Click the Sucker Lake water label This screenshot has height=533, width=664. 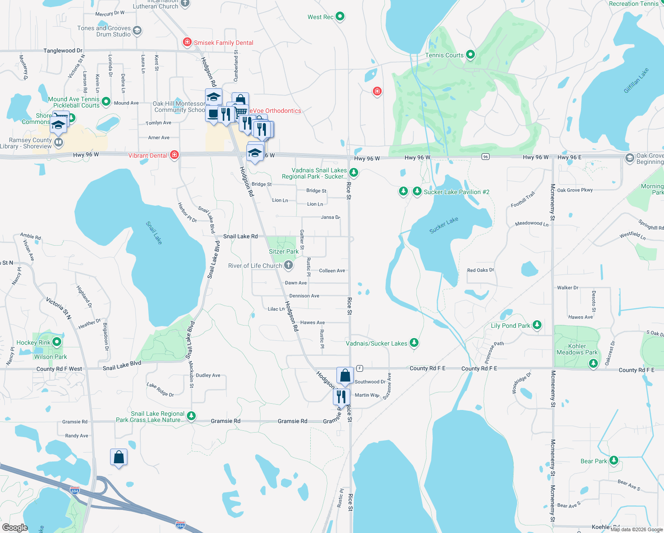443,225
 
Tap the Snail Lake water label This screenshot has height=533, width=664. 154,233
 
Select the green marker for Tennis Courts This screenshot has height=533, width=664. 470,55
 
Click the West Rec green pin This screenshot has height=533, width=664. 340,16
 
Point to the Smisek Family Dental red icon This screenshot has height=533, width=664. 187,42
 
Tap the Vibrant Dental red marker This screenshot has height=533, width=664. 174,155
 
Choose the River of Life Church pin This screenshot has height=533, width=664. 289,265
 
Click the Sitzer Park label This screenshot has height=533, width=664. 284,251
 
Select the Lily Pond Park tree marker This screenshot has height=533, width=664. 537,325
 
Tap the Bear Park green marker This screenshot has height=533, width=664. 614,460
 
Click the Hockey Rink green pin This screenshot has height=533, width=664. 57,342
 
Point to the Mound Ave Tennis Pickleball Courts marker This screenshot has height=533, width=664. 106,102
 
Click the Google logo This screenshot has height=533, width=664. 15,527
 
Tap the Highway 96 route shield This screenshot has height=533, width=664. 486,157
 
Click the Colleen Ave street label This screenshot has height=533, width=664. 332,270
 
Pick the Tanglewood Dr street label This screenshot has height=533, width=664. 63,51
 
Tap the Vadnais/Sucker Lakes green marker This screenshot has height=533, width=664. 414,342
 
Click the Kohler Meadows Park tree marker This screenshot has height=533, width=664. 593,363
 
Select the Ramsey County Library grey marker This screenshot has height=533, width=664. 59,143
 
